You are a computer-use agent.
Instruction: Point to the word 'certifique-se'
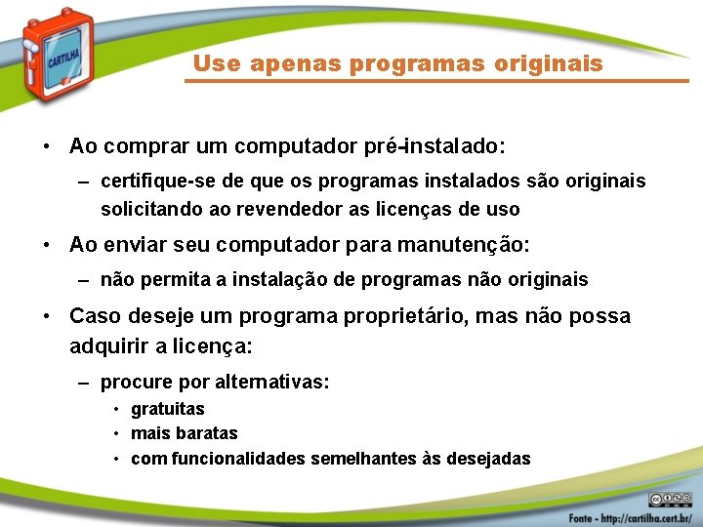point(151,182)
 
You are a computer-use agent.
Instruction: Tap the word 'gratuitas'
point(168,409)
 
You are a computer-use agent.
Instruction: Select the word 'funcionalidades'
point(238,459)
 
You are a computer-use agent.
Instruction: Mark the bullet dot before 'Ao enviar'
point(47,245)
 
